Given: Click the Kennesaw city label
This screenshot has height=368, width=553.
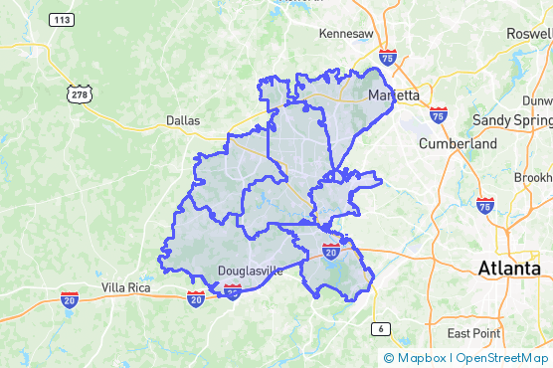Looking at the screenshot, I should (346, 34).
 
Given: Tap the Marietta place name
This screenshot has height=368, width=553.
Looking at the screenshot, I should (394, 95).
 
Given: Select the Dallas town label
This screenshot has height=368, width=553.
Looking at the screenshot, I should (183, 120).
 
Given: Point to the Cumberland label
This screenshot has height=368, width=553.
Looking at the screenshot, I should (458, 143).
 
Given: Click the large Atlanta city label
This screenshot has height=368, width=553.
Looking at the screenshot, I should (509, 268).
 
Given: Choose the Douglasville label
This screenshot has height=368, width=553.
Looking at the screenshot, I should (250, 271).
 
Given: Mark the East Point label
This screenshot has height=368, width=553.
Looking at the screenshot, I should (474, 333).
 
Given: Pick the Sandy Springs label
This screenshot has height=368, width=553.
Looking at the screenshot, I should (511, 119).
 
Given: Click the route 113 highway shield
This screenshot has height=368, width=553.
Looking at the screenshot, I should (63, 19).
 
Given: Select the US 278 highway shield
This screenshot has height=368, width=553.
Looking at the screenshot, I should (77, 92).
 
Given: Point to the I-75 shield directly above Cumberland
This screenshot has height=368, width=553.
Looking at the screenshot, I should (439, 115).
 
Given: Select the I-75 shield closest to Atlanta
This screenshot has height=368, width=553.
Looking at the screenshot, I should (484, 206).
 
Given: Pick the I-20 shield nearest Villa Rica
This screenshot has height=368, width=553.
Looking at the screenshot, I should (70, 299).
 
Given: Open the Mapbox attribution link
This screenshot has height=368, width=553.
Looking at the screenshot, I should (415, 358).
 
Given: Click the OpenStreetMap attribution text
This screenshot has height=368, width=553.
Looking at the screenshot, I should (502, 358).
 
